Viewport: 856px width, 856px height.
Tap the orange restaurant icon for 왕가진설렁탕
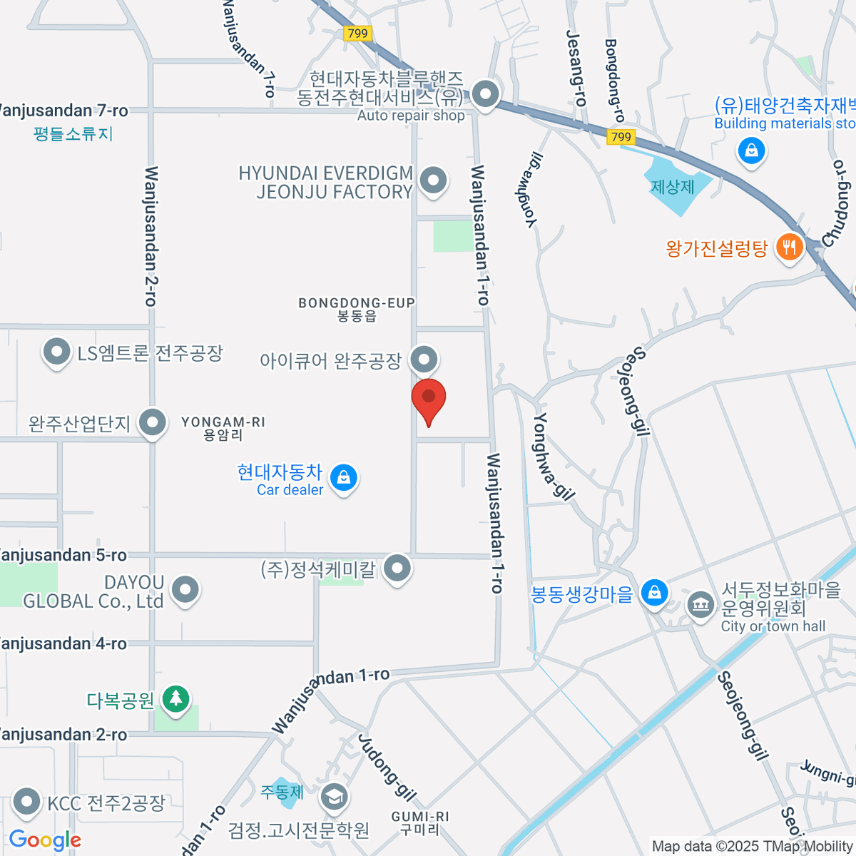pyautogui.click(x=788, y=248)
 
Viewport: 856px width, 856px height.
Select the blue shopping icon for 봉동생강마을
pyautogui.click(x=654, y=593)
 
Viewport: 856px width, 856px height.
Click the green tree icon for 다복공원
pyautogui.click(x=175, y=699)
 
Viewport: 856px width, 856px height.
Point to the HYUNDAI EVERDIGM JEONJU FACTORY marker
pyautogui.click(x=433, y=180)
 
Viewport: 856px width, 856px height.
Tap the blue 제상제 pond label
pyautogui.click(x=672, y=187)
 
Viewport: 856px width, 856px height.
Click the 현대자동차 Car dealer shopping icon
pyautogui.click(x=344, y=477)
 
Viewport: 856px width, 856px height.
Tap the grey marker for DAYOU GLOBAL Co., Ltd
pyautogui.click(x=185, y=590)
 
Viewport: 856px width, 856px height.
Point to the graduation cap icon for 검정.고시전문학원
pyautogui.click(x=333, y=797)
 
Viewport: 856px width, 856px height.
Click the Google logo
pyautogui.click(x=45, y=840)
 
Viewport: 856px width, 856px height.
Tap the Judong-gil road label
pyautogui.click(x=387, y=767)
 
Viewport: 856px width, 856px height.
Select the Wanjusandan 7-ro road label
pyautogui.click(x=62, y=111)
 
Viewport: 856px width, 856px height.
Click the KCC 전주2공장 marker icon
pyautogui.click(x=27, y=802)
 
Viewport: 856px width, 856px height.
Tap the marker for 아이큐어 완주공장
pyautogui.click(x=424, y=359)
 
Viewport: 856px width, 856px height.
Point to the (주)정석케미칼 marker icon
pyautogui.click(x=397, y=569)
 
